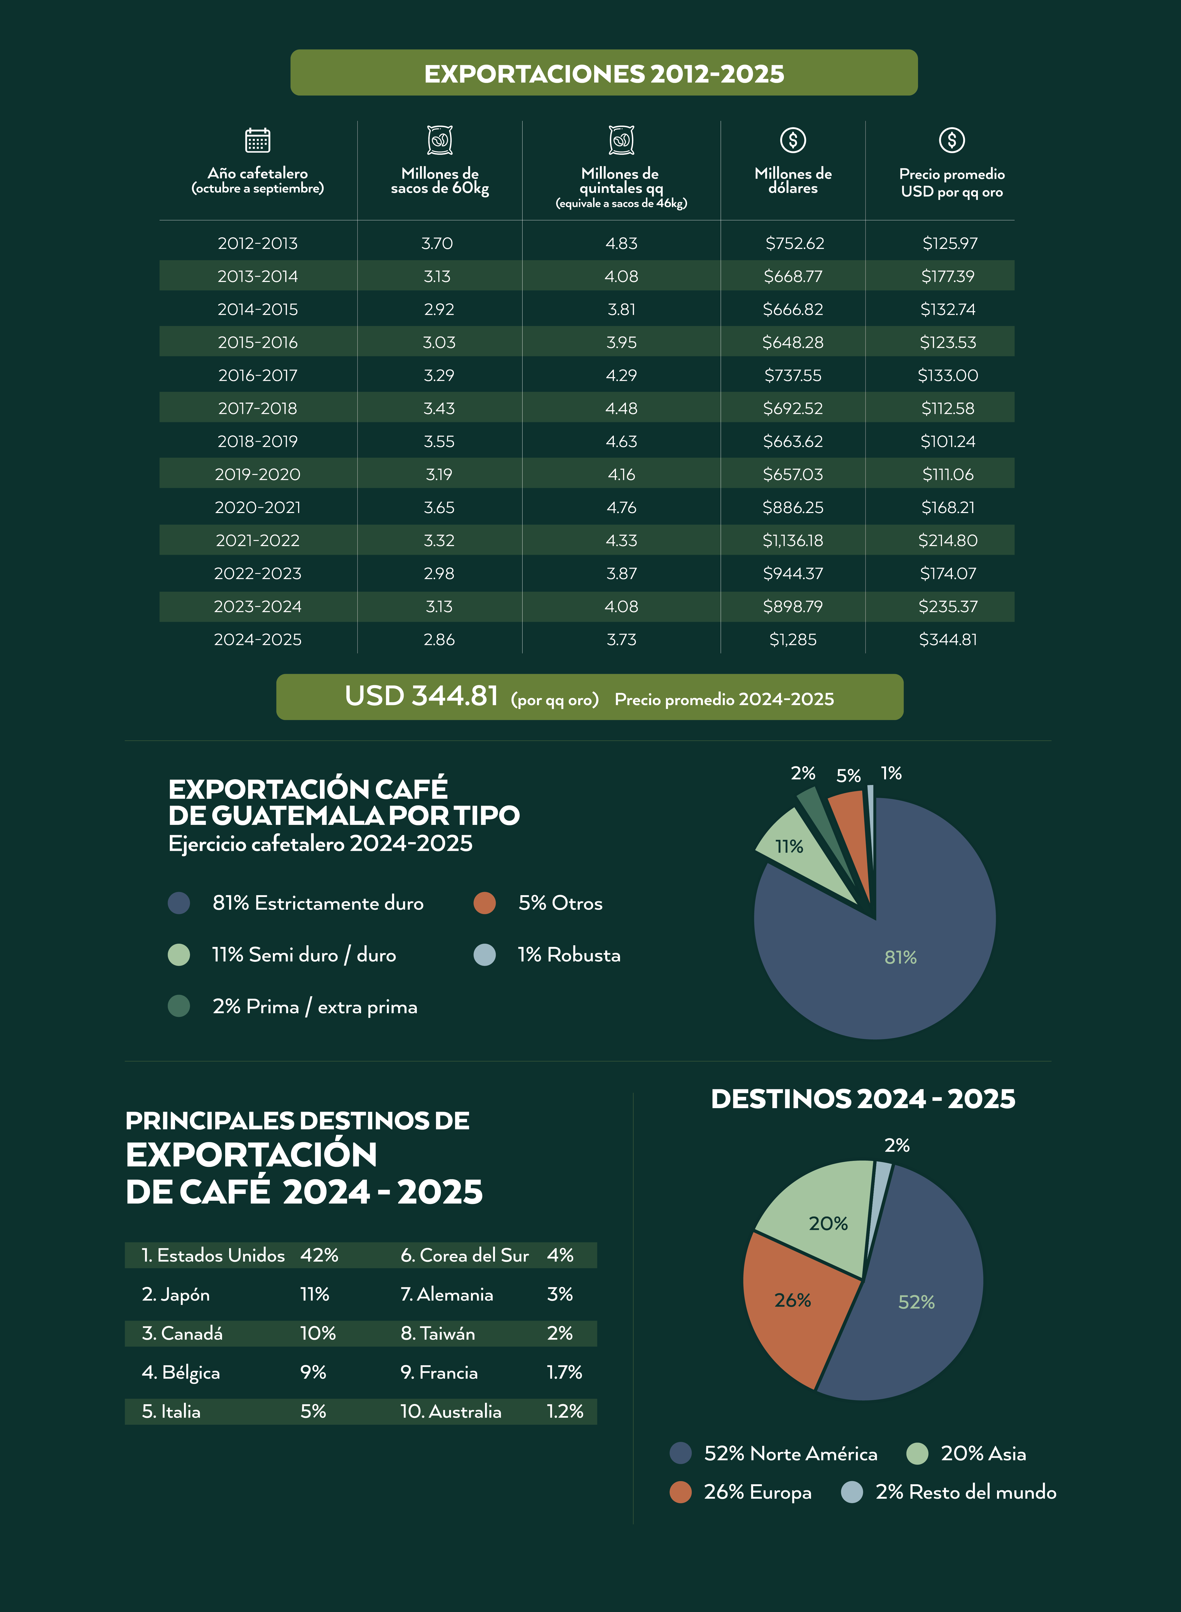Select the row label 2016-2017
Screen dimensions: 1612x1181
coord(257,375)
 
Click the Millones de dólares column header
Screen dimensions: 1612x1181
coord(793,180)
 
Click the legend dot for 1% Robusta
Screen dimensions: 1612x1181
coord(485,955)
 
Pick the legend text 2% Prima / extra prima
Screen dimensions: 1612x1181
coord(315,1007)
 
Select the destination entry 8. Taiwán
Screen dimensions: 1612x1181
coord(437,1333)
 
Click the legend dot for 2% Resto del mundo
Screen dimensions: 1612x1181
coord(851,1492)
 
